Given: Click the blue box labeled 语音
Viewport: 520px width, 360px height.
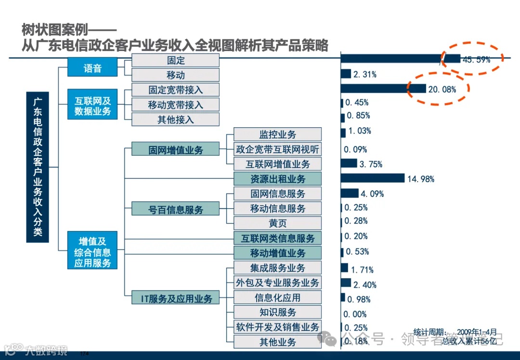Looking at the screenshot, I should coord(92,67).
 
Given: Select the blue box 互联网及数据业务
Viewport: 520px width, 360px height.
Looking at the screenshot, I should coord(92,106).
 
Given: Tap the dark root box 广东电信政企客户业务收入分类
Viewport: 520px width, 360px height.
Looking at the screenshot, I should coord(38,167).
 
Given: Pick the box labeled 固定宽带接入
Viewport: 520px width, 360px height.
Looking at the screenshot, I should coord(175,90).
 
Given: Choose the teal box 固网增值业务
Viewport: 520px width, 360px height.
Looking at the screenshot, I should coord(175,149).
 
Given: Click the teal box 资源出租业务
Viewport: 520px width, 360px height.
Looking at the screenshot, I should coord(277,179).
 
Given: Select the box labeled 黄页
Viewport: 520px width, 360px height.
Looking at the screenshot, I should coord(277,223).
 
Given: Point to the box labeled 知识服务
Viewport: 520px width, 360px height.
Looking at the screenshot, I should coord(277,312).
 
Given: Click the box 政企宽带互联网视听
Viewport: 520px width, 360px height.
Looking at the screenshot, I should coord(277,149).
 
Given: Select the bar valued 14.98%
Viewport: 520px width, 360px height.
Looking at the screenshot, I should coord(372,178).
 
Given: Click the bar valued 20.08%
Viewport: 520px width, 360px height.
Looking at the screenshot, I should coord(383,89).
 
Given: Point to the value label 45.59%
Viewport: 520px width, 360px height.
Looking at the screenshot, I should coord(476,60).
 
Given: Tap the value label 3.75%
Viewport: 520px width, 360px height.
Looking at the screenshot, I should coord(371,164).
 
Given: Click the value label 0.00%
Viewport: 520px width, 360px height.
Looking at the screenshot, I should coord(355,314).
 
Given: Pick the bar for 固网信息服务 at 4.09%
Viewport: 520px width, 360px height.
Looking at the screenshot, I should coord(350,193).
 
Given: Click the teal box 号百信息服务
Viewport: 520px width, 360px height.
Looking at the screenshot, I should coord(175,209).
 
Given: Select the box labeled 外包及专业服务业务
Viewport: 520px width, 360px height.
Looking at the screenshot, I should coord(277,282).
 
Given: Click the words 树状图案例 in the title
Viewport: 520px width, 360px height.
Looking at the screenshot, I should coord(58,30).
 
